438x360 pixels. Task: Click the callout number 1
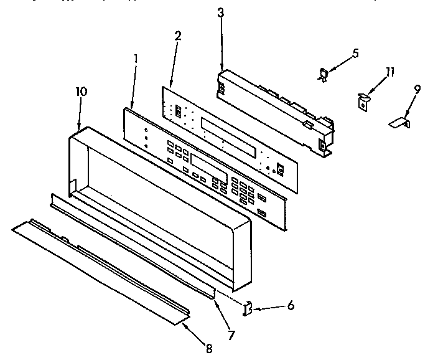[136, 60]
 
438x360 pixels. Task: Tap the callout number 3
[220, 12]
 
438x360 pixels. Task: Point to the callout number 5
[355, 53]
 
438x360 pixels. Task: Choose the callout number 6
[291, 306]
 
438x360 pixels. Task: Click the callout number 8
[209, 349]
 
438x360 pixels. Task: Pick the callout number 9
[417, 88]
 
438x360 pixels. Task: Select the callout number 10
[81, 91]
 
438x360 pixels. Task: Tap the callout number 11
[389, 72]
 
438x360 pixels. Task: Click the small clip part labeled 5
[324, 74]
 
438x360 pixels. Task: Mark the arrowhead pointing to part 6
[258, 307]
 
